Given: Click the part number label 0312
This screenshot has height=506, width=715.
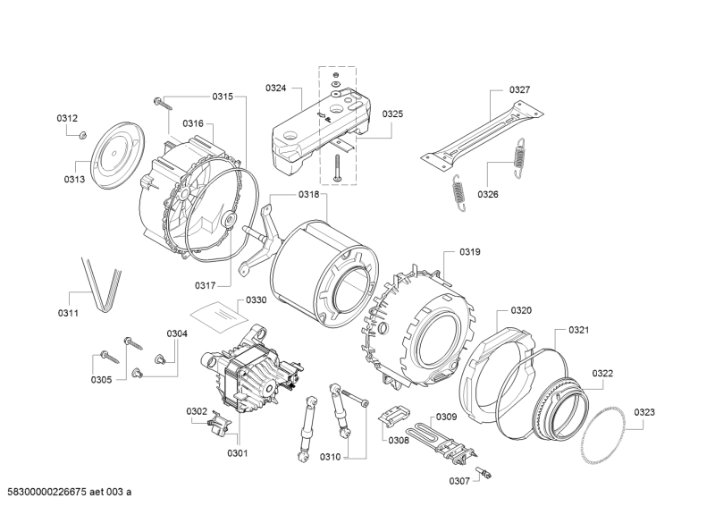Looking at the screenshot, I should pyautogui.click(x=67, y=118).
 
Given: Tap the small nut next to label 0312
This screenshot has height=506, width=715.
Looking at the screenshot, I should pyautogui.click(x=80, y=135).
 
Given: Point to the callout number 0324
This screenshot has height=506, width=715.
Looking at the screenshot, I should pyautogui.click(x=276, y=88).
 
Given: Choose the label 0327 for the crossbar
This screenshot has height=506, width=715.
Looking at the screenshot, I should pyautogui.click(x=519, y=89).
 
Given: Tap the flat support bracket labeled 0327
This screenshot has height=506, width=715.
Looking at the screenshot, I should pyautogui.click(x=483, y=135).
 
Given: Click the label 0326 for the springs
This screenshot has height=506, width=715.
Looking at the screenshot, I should pyautogui.click(x=488, y=194).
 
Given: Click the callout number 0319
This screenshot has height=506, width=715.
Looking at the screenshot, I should pyautogui.click(x=470, y=252).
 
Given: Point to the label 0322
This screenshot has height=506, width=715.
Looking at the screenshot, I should pyautogui.click(x=601, y=373).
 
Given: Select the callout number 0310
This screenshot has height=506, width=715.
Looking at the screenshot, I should pyautogui.click(x=330, y=458).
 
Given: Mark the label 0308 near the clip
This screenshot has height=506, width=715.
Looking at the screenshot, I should pyautogui.click(x=398, y=440).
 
